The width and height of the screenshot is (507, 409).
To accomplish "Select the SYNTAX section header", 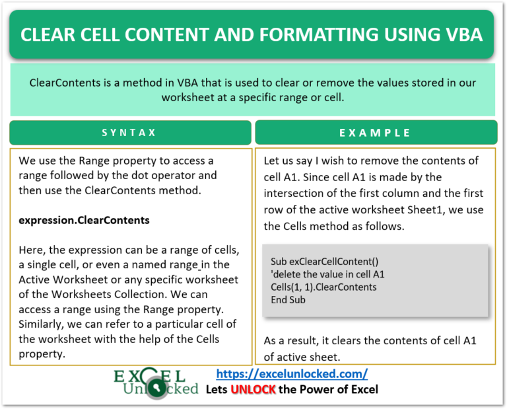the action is coord(129,133).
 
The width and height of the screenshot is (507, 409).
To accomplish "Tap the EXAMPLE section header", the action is coord(375,133).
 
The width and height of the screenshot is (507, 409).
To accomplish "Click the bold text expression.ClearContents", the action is coord(84,220).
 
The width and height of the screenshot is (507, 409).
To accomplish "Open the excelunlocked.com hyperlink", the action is coord(292,374).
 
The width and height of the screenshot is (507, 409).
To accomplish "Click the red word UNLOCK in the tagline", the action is coord(253,389).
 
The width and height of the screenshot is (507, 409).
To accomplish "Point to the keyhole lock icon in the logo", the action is coord(157,388).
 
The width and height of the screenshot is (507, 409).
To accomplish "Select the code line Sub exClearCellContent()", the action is coord(324,262).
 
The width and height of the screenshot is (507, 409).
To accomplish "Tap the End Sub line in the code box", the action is coord(288,300).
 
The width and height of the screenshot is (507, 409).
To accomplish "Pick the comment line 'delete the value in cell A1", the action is coord(327,274).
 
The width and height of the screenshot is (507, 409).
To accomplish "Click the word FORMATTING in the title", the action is coord(319,34).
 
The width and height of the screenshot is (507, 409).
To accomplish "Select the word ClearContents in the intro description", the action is coord(65,83).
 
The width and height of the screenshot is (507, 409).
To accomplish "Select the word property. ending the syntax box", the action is coord(42,354).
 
